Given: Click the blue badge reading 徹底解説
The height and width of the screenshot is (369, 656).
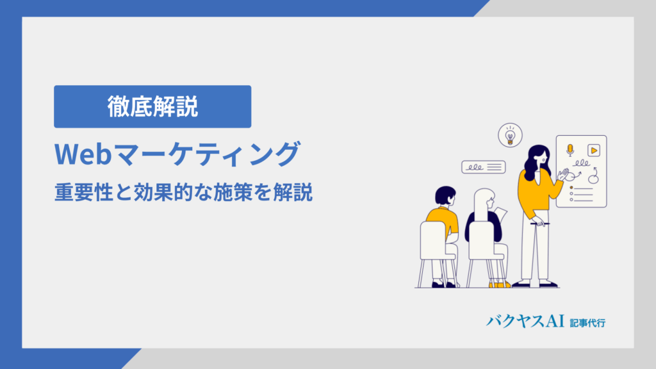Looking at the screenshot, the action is tap(152, 107).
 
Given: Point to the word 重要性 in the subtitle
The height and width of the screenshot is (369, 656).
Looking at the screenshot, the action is tap(84, 193).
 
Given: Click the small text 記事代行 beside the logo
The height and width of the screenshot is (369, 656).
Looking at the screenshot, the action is tap(587, 323).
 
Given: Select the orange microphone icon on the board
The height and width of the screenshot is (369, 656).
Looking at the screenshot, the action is tap(570, 150).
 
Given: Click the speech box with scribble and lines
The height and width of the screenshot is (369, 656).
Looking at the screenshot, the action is tap(484, 167).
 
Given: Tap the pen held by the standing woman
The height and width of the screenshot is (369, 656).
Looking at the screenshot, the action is tap(539, 224).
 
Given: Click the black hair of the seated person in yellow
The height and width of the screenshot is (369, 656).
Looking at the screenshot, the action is tap(445, 195).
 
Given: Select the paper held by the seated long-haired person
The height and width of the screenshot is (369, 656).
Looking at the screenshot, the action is tap(500, 214).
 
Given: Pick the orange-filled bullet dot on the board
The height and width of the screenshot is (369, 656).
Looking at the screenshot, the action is tap(571, 188).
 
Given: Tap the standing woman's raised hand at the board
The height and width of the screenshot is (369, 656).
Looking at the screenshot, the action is tap(564, 174).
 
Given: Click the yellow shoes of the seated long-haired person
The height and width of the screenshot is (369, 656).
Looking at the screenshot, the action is tap(500, 285).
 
